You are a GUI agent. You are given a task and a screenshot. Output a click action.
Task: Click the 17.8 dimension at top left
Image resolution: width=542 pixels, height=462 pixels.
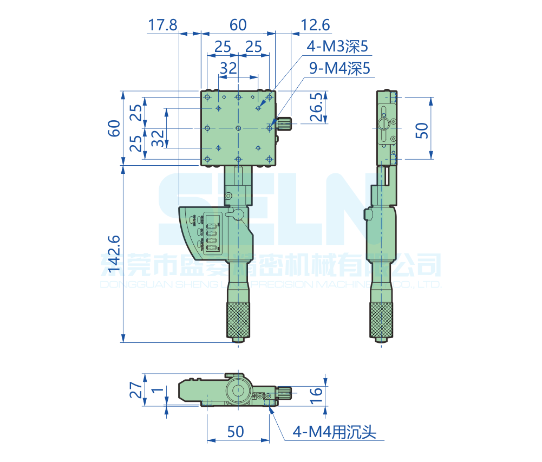162,25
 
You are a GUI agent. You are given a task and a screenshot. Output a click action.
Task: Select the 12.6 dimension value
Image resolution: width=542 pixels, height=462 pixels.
315,25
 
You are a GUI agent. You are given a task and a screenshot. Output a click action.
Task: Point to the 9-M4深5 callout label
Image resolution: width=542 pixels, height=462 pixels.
339,68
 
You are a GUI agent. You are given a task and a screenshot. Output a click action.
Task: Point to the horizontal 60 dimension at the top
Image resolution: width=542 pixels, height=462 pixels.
238,25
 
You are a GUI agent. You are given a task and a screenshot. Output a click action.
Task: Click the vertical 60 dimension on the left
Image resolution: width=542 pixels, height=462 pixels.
114,128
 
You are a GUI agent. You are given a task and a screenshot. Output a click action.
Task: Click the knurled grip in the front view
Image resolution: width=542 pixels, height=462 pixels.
238,320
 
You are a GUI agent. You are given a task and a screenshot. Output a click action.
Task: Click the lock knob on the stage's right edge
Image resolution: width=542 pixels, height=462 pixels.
284,123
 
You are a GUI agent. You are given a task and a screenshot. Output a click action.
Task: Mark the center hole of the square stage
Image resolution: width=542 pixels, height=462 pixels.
238,128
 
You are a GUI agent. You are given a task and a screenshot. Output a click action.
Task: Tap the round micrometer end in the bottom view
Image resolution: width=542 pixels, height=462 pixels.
238,389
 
